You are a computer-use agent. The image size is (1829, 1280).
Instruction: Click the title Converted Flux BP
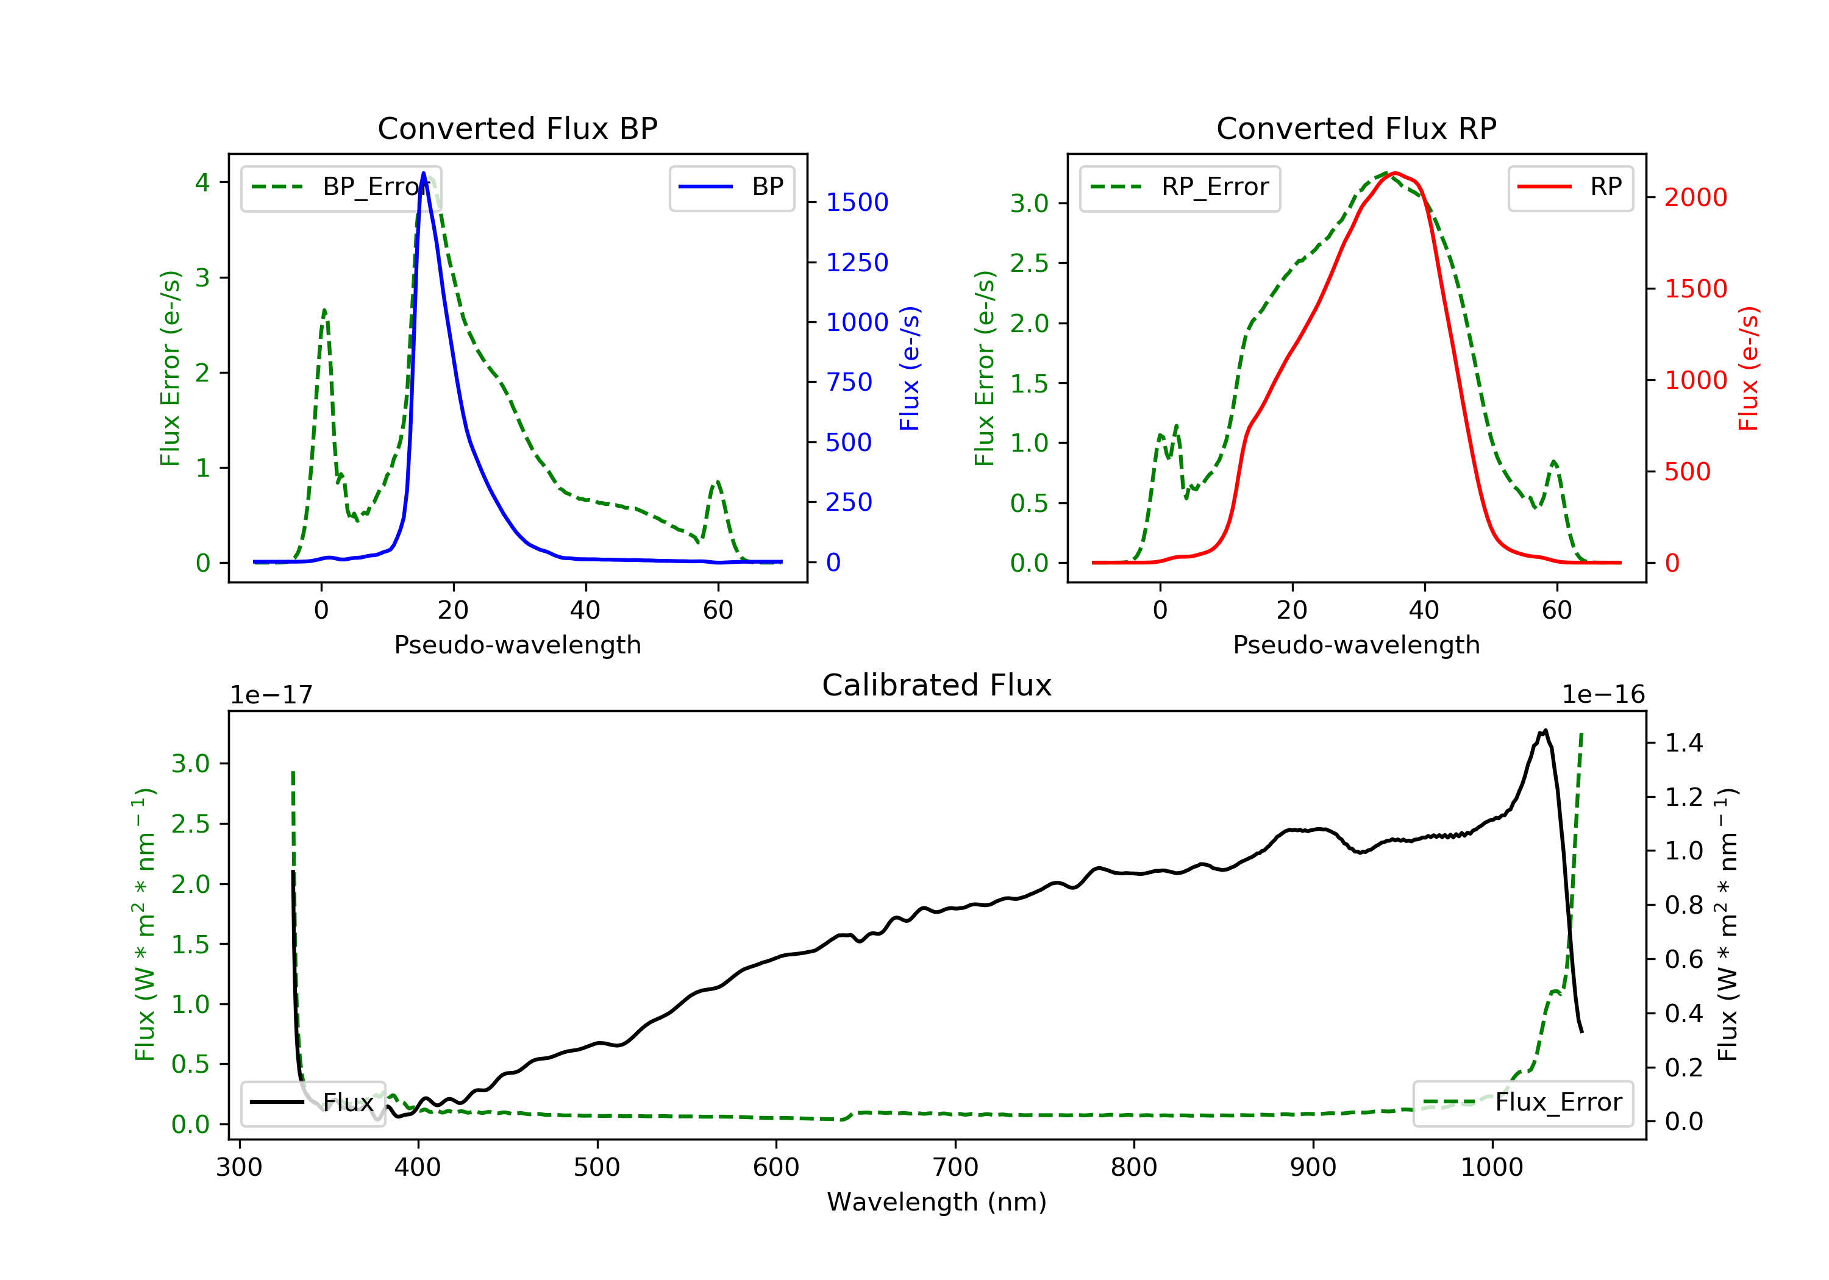(517, 128)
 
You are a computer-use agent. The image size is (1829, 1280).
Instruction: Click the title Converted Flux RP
(1356, 128)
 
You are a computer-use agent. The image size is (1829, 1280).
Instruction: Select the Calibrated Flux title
(937, 685)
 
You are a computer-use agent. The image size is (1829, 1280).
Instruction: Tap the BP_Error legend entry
(341, 187)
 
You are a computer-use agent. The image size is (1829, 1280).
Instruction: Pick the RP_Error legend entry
(1180, 187)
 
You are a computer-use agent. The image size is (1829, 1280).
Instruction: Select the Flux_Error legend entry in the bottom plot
(1522, 1103)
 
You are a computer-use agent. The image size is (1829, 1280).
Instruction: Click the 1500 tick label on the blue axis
(857, 202)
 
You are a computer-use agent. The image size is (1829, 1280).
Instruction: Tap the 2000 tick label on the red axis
(1696, 197)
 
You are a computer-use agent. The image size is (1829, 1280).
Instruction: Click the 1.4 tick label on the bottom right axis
(1684, 743)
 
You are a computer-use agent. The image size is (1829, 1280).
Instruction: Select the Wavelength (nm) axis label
(937, 1202)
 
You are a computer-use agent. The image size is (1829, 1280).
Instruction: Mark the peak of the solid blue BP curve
(424, 173)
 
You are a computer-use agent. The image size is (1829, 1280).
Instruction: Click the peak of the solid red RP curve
(1396, 173)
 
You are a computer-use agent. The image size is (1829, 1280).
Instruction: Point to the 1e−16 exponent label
(1603, 695)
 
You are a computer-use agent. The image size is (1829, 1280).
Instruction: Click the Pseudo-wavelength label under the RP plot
(1356, 644)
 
